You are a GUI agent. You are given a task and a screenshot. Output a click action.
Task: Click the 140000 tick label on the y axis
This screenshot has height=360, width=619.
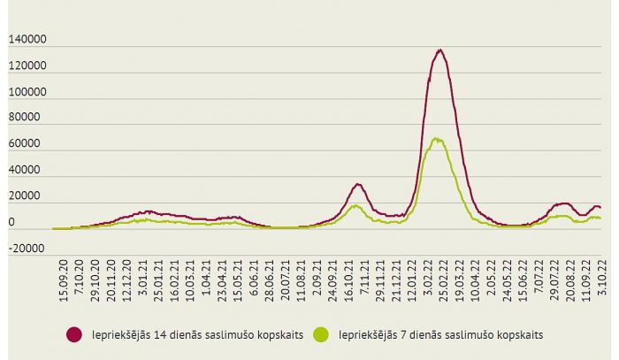coord(27,41)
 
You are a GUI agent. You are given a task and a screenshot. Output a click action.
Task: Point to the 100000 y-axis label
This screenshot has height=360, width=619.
coord(27,92)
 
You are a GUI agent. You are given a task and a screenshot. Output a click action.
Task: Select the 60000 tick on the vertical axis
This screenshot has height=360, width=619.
coord(29,143)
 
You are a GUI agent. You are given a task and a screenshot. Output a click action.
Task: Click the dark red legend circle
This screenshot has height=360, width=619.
coord(74,334)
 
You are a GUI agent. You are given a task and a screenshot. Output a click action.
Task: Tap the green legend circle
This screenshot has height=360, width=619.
coord(322,334)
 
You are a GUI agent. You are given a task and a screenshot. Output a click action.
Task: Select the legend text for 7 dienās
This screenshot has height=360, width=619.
coord(433,334)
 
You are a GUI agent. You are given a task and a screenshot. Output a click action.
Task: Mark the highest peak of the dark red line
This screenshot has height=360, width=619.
coord(439,50)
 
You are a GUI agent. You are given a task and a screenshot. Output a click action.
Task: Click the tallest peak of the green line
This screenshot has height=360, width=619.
coord(436,138)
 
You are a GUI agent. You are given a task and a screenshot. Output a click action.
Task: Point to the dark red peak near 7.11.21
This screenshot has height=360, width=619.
coord(357,184)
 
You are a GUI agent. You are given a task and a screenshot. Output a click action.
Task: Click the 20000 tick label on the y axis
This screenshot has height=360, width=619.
coord(29,195)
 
